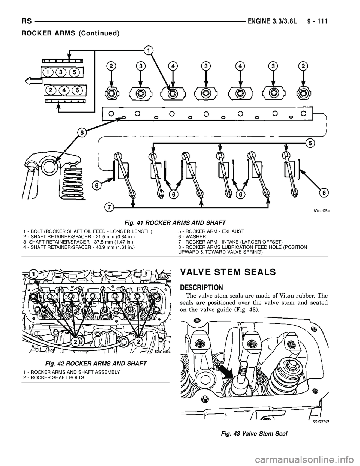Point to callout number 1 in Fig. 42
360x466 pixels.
pyautogui.click(x=34, y=275)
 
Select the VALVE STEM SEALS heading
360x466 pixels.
pyautogui.click(x=228, y=273)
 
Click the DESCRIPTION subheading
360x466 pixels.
pyautogui.click(x=201, y=287)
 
